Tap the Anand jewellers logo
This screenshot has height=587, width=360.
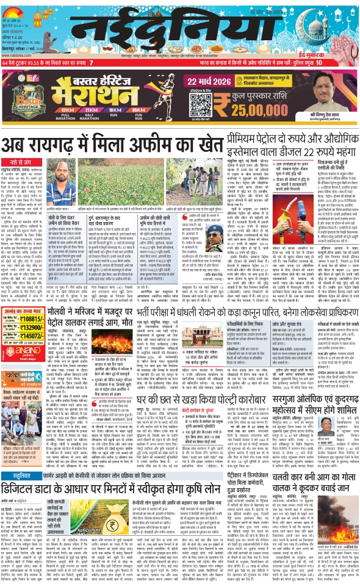pos(25,351)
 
